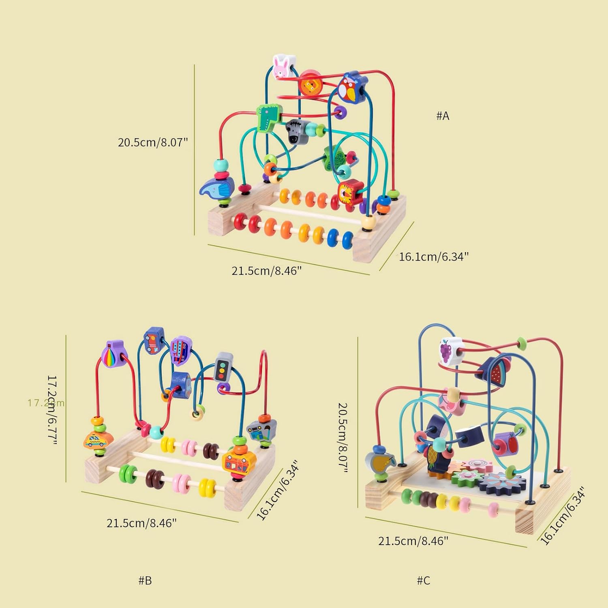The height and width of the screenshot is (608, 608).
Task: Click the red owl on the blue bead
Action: coord(349,88)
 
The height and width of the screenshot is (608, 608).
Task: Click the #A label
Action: coord(443,116)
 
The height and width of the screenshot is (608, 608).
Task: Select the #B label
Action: coord(145,580)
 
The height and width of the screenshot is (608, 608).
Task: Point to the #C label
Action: coord(424,580)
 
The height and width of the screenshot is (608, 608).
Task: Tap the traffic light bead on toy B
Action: coord(223,367)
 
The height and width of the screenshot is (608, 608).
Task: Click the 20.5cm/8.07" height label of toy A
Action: coord(153,142)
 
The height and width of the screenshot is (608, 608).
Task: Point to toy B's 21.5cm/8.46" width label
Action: coord(141,523)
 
